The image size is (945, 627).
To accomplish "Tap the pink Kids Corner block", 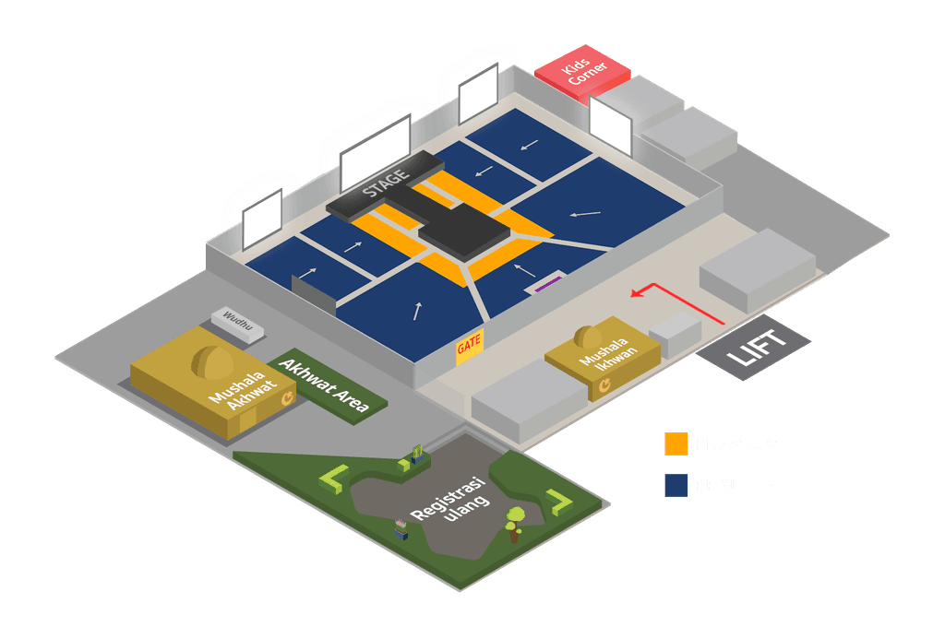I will (x=582, y=73).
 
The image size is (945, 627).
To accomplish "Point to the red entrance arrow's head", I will (x=635, y=294).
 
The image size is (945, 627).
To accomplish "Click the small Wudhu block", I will (x=238, y=323).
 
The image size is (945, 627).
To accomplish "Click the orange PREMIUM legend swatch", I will (x=676, y=444).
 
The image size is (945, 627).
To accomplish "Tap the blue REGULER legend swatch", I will (x=676, y=485).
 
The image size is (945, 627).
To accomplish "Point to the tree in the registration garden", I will (x=514, y=520).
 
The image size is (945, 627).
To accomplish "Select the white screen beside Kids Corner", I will (x=611, y=125).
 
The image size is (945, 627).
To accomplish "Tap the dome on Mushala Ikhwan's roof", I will (x=588, y=335).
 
